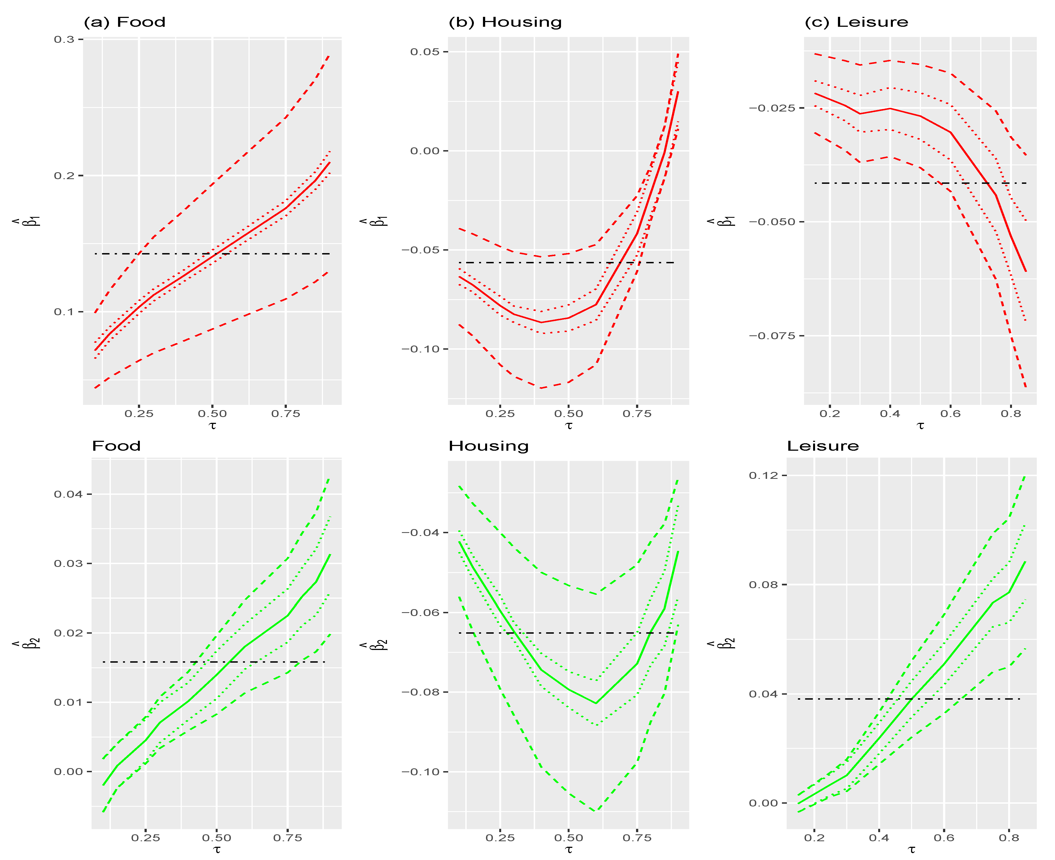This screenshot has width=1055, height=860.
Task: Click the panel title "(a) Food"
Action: click(x=124, y=22)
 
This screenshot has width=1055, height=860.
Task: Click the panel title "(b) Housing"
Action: click(x=505, y=22)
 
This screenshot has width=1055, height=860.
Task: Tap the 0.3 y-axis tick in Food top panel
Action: click(x=64, y=39)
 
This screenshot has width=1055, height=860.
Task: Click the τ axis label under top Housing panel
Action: click(x=568, y=426)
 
